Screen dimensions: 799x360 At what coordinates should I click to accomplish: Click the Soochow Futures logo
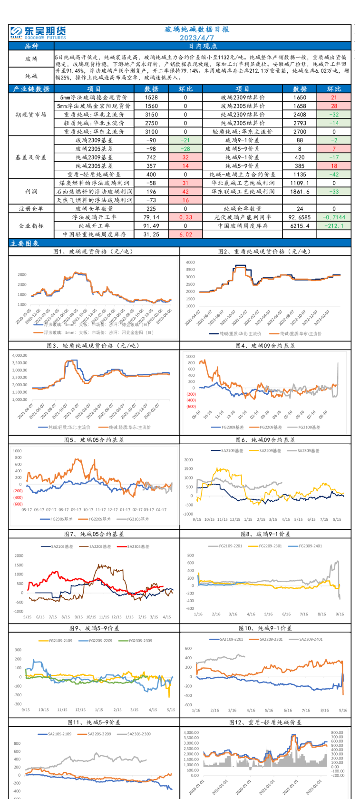point(38,32)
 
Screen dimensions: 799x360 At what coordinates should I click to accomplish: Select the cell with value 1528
point(151,97)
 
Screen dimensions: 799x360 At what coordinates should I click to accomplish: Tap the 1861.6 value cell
point(300,191)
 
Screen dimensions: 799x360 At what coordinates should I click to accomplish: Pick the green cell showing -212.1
point(334,225)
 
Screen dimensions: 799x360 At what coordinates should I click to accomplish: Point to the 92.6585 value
point(300,217)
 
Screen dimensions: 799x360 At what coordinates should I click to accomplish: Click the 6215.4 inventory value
point(300,225)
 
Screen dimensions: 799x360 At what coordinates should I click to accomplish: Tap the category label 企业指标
point(31,225)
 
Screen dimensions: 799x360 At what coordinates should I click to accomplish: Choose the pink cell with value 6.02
point(185,234)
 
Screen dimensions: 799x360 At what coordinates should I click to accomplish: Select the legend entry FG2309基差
point(232,427)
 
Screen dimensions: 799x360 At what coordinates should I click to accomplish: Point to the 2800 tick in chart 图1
point(22,274)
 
